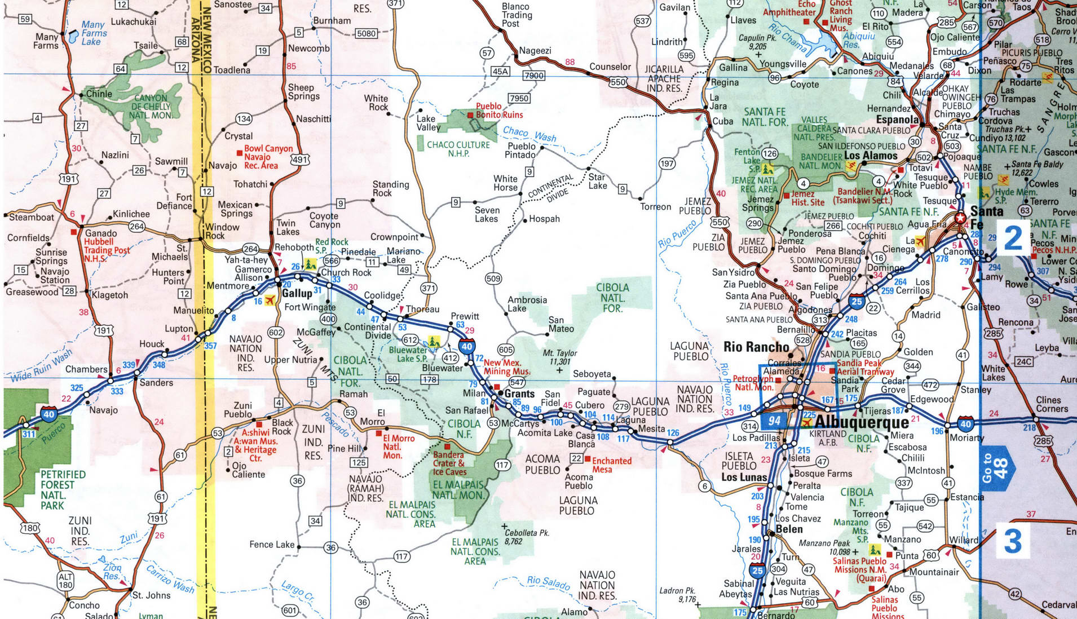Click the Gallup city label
click(x=297, y=293)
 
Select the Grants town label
click(x=519, y=393)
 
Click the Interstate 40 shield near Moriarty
click(x=965, y=424)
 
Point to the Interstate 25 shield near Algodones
click(x=857, y=302)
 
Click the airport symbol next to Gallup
click(x=270, y=300)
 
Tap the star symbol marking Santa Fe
click(x=960, y=218)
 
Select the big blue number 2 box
click(x=1013, y=238)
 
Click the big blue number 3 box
click(x=1013, y=541)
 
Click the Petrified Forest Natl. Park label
click(x=62, y=490)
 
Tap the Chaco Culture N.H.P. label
click(x=458, y=149)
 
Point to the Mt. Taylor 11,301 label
click(x=560, y=357)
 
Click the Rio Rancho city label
click(x=756, y=347)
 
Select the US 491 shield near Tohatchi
click(x=300, y=160)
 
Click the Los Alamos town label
click(x=870, y=156)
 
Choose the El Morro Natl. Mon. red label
click(x=398, y=446)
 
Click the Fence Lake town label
click(x=272, y=544)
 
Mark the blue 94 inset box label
click(x=775, y=421)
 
